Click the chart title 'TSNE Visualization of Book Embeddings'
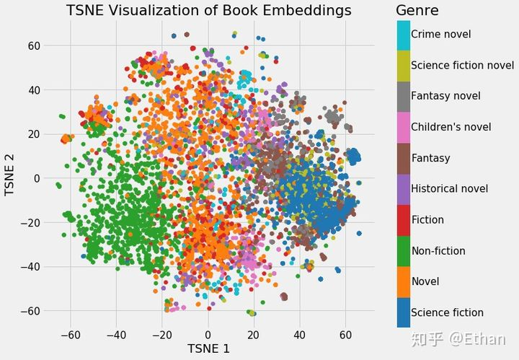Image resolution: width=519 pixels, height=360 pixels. click(x=209, y=11)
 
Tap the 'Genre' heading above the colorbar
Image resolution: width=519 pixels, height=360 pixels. click(x=417, y=11)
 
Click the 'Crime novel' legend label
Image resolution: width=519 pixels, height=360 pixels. click(x=440, y=34)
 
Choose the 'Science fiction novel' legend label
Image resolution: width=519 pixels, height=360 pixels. click(x=462, y=65)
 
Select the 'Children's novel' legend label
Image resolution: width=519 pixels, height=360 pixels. click(x=451, y=127)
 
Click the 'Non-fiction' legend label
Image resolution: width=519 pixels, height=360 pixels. click(x=438, y=251)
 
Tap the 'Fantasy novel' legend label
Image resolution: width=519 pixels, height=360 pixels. click(x=445, y=96)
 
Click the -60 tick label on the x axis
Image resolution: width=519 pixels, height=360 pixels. click(x=70, y=335)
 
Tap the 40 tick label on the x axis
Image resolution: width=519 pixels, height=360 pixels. click(x=299, y=335)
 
